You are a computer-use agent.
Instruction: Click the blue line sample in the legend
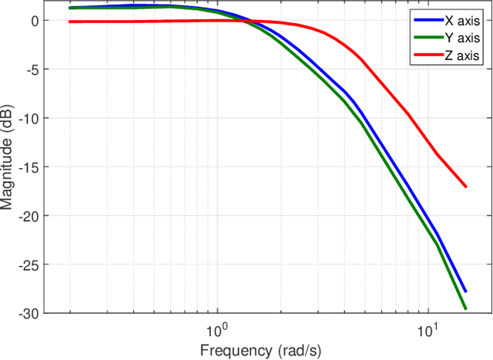(427, 20)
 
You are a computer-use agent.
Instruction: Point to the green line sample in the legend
(427, 38)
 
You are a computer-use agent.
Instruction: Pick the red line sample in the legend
(427, 56)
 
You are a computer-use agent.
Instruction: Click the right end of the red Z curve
(465, 187)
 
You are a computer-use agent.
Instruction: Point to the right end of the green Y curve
(465, 308)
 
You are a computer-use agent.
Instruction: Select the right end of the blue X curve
(465, 291)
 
